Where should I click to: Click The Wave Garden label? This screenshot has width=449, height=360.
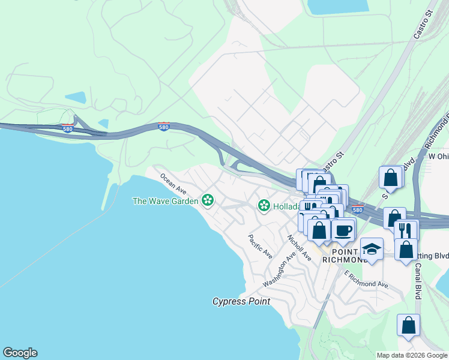click(x=165, y=201)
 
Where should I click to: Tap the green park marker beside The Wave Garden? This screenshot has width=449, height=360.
click(x=208, y=200)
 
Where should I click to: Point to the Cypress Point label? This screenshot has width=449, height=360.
click(x=241, y=301)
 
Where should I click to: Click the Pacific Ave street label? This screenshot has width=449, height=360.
click(x=260, y=246)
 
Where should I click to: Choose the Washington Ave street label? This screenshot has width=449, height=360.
click(x=280, y=269)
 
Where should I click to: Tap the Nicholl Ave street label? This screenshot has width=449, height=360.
click(x=299, y=247)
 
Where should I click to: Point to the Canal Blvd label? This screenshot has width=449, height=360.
click(x=417, y=281)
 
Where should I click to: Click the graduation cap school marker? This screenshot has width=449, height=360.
click(x=372, y=248)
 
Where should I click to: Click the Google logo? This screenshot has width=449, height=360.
click(x=20, y=353)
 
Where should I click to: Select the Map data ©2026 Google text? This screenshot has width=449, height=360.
click(x=412, y=355)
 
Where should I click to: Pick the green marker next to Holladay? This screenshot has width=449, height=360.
click(x=264, y=206)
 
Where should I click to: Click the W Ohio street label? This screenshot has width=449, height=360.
click(x=438, y=156)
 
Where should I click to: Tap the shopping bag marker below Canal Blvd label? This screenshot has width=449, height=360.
click(x=409, y=326)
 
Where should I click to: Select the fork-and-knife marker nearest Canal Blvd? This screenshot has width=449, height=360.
click(x=406, y=230)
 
